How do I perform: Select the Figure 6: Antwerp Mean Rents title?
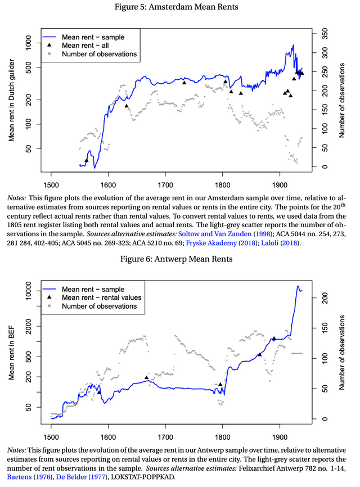pos(180,260)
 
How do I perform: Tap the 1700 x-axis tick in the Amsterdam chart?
pos(165,184)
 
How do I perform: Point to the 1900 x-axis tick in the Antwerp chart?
pos(280,436)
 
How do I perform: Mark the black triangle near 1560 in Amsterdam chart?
pos(86,160)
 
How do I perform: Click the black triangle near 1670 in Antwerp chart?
pos(147,377)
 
